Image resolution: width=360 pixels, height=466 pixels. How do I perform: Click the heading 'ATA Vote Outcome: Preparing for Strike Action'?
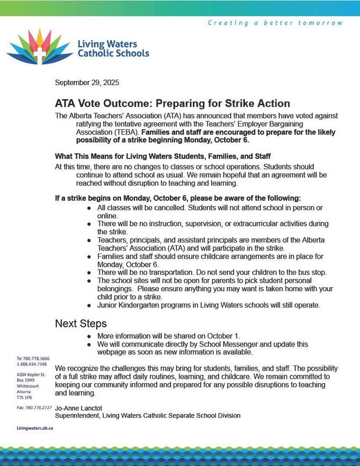click(172, 103)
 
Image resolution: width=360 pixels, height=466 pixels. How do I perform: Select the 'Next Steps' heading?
click(82, 323)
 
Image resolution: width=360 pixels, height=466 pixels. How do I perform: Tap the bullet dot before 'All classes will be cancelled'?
click(88, 208)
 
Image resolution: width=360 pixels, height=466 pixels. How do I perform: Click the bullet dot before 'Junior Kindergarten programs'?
click(88, 305)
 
